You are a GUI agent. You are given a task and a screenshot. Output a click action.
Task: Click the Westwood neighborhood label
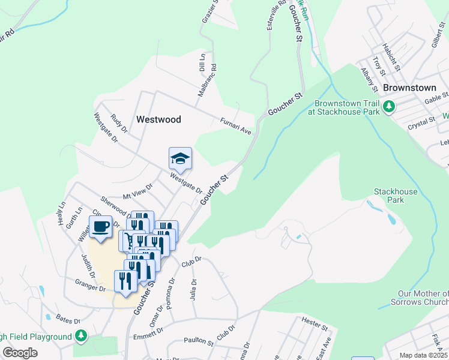tap(158, 119)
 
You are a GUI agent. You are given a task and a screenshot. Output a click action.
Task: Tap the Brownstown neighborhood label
tap(409, 88)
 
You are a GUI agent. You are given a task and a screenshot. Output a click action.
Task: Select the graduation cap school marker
tap(180, 159)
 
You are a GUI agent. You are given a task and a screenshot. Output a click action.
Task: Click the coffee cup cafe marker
tap(101, 227)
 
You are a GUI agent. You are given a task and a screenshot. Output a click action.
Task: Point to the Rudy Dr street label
tap(120, 123)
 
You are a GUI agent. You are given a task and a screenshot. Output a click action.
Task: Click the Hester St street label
tap(315, 325)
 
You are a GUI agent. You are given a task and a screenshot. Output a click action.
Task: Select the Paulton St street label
tap(199, 341)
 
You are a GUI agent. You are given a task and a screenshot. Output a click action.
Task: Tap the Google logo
tap(20, 353)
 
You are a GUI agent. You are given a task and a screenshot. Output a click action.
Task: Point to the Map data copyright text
tap(424, 355)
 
